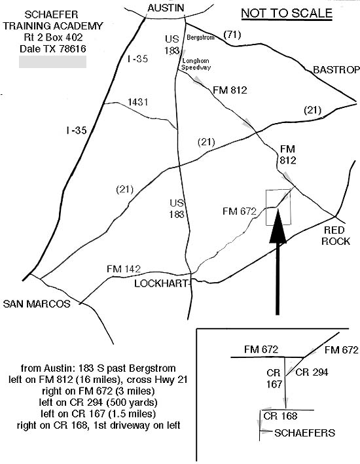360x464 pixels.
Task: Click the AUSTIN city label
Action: point(166,8)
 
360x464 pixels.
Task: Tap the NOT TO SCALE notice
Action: point(287,14)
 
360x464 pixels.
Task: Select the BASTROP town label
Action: point(336,70)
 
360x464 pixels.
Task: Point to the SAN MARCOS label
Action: point(37,304)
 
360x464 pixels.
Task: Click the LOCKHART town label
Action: point(161,283)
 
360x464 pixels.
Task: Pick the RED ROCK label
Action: point(335,236)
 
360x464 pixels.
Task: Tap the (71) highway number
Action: point(232,35)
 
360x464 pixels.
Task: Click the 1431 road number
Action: point(137,102)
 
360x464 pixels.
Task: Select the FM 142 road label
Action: point(124,269)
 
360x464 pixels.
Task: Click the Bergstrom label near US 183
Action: point(200,37)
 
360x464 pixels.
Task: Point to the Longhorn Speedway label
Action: point(196,64)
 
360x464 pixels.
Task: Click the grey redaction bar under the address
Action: point(53,62)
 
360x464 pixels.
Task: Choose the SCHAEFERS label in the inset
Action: point(304,433)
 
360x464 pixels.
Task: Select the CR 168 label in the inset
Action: point(280,416)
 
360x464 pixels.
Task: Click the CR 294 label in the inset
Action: point(312,372)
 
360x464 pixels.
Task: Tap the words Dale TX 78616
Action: point(53,49)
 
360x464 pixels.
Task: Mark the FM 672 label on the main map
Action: point(239,211)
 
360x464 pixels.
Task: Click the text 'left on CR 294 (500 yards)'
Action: point(98,402)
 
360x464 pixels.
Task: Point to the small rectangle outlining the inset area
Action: point(266,207)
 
